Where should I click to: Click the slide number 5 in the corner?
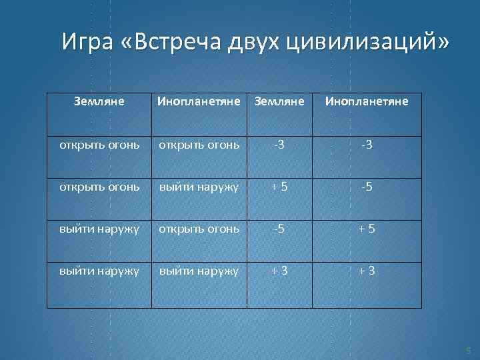(x=468, y=350)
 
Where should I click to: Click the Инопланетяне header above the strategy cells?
(x=198, y=102)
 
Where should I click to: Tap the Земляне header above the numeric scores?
(x=281, y=102)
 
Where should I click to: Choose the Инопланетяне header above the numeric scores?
(x=366, y=102)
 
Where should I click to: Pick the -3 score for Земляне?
(x=281, y=145)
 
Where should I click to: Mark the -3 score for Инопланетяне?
(x=366, y=145)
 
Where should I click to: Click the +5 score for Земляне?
(x=281, y=187)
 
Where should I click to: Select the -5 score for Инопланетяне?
(x=366, y=187)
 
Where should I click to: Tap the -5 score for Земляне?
(x=281, y=229)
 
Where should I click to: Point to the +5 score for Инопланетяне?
(x=366, y=229)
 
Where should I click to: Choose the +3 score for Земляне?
(x=281, y=271)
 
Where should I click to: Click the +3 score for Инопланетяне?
(x=366, y=271)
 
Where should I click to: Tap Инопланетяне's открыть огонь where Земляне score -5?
(x=198, y=229)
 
